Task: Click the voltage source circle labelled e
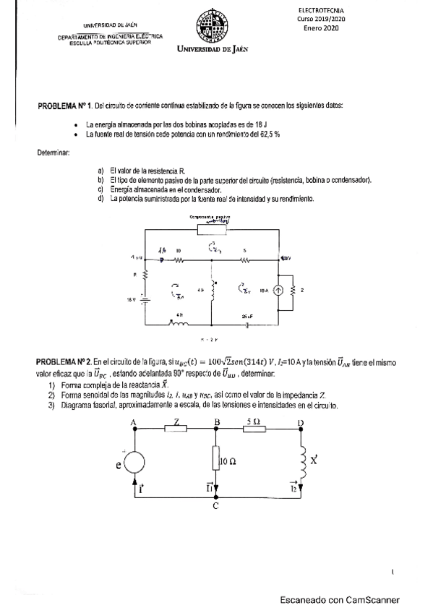click(x=134, y=461)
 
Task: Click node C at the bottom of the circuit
click(x=216, y=505)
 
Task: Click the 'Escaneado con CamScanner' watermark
click(x=339, y=599)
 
